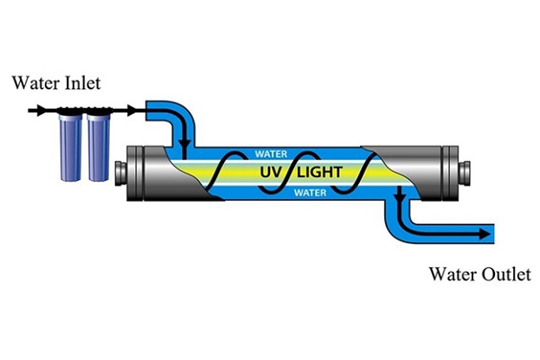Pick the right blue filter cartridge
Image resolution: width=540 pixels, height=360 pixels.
(x=97, y=147)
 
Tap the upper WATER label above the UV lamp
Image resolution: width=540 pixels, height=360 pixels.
(x=272, y=154)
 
